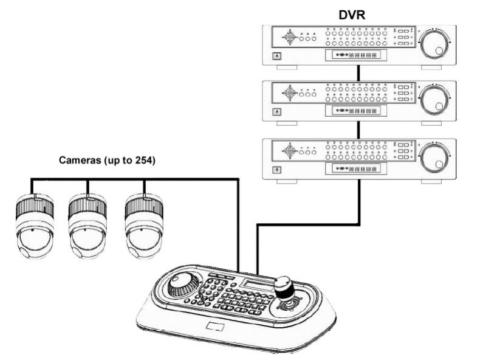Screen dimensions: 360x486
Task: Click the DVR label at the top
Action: point(359,12)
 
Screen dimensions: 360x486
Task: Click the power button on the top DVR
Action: point(277,57)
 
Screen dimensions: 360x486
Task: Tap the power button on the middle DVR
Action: point(277,112)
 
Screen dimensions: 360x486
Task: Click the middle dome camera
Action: point(86,224)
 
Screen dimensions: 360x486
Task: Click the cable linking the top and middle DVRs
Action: point(359,73)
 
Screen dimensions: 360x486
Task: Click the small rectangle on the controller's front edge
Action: point(216,327)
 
